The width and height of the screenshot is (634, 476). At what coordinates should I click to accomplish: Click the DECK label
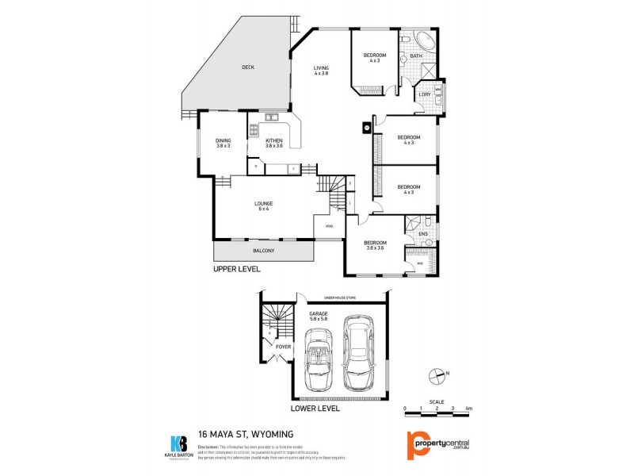click(248, 67)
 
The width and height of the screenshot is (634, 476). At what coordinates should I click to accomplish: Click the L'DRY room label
click(425, 94)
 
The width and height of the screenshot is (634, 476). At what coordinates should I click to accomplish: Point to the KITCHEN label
click(274, 141)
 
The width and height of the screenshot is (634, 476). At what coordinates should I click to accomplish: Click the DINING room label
click(223, 141)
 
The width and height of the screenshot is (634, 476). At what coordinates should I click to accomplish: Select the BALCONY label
click(264, 251)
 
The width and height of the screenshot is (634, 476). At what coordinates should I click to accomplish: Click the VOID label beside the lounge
click(330, 226)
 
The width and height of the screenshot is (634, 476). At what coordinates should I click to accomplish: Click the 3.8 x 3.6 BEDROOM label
click(375, 243)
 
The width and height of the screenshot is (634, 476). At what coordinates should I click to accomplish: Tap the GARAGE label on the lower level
click(319, 315)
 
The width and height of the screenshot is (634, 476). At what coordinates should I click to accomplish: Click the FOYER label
click(282, 346)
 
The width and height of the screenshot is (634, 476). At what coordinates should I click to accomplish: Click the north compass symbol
click(435, 376)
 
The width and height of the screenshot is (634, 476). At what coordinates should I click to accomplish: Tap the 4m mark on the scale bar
click(469, 409)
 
